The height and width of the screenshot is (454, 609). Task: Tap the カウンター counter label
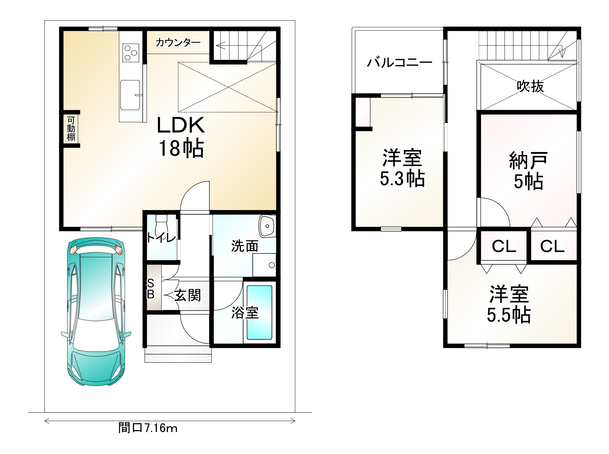(178, 43)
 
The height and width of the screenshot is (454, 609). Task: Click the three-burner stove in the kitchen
(131, 53)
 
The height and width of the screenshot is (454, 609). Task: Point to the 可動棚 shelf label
(71, 128)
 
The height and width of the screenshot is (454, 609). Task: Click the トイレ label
(161, 238)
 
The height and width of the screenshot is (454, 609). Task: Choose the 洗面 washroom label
(245, 246)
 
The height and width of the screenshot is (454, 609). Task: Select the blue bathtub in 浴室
(259, 312)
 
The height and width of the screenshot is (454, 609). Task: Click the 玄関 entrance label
(188, 295)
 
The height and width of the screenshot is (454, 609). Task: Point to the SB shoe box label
(151, 289)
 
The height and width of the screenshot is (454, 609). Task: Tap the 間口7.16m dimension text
(148, 428)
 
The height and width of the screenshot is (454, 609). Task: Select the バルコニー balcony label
(400, 63)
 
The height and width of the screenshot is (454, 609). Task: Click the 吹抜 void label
(530, 87)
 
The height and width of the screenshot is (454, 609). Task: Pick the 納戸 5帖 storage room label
(528, 171)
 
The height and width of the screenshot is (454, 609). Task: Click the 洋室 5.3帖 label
(402, 168)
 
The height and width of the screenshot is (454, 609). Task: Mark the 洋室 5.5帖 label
(509, 305)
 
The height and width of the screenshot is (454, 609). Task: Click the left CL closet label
(504, 246)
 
